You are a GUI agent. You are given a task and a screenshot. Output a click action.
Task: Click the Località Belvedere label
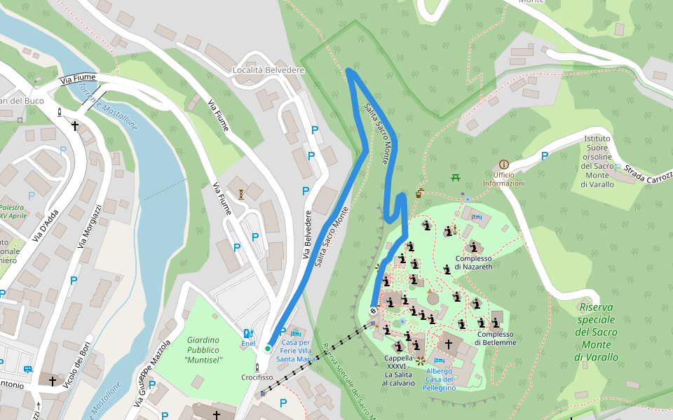point(268,71)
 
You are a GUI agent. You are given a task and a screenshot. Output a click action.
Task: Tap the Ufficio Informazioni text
point(503,179)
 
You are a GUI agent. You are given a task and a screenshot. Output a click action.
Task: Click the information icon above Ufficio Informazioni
point(503,164)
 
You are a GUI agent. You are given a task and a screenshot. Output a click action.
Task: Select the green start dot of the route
point(268,348)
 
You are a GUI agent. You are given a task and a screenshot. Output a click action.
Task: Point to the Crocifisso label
point(257,377)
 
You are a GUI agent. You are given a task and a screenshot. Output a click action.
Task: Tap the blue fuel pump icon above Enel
point(247,333)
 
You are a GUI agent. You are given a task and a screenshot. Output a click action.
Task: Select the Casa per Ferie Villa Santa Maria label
point(296,350)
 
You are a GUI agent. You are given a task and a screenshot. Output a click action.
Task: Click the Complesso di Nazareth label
point(474,262)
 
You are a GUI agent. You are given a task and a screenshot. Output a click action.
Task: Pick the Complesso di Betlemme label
point(495,338)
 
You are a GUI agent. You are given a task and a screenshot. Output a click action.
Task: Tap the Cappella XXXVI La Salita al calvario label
point(399,370)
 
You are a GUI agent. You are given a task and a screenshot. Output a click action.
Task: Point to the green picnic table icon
point(455,177)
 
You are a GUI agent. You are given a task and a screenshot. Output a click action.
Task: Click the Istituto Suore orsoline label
point(597,161)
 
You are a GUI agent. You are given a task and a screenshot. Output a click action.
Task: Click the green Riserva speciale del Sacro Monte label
point(597,332)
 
